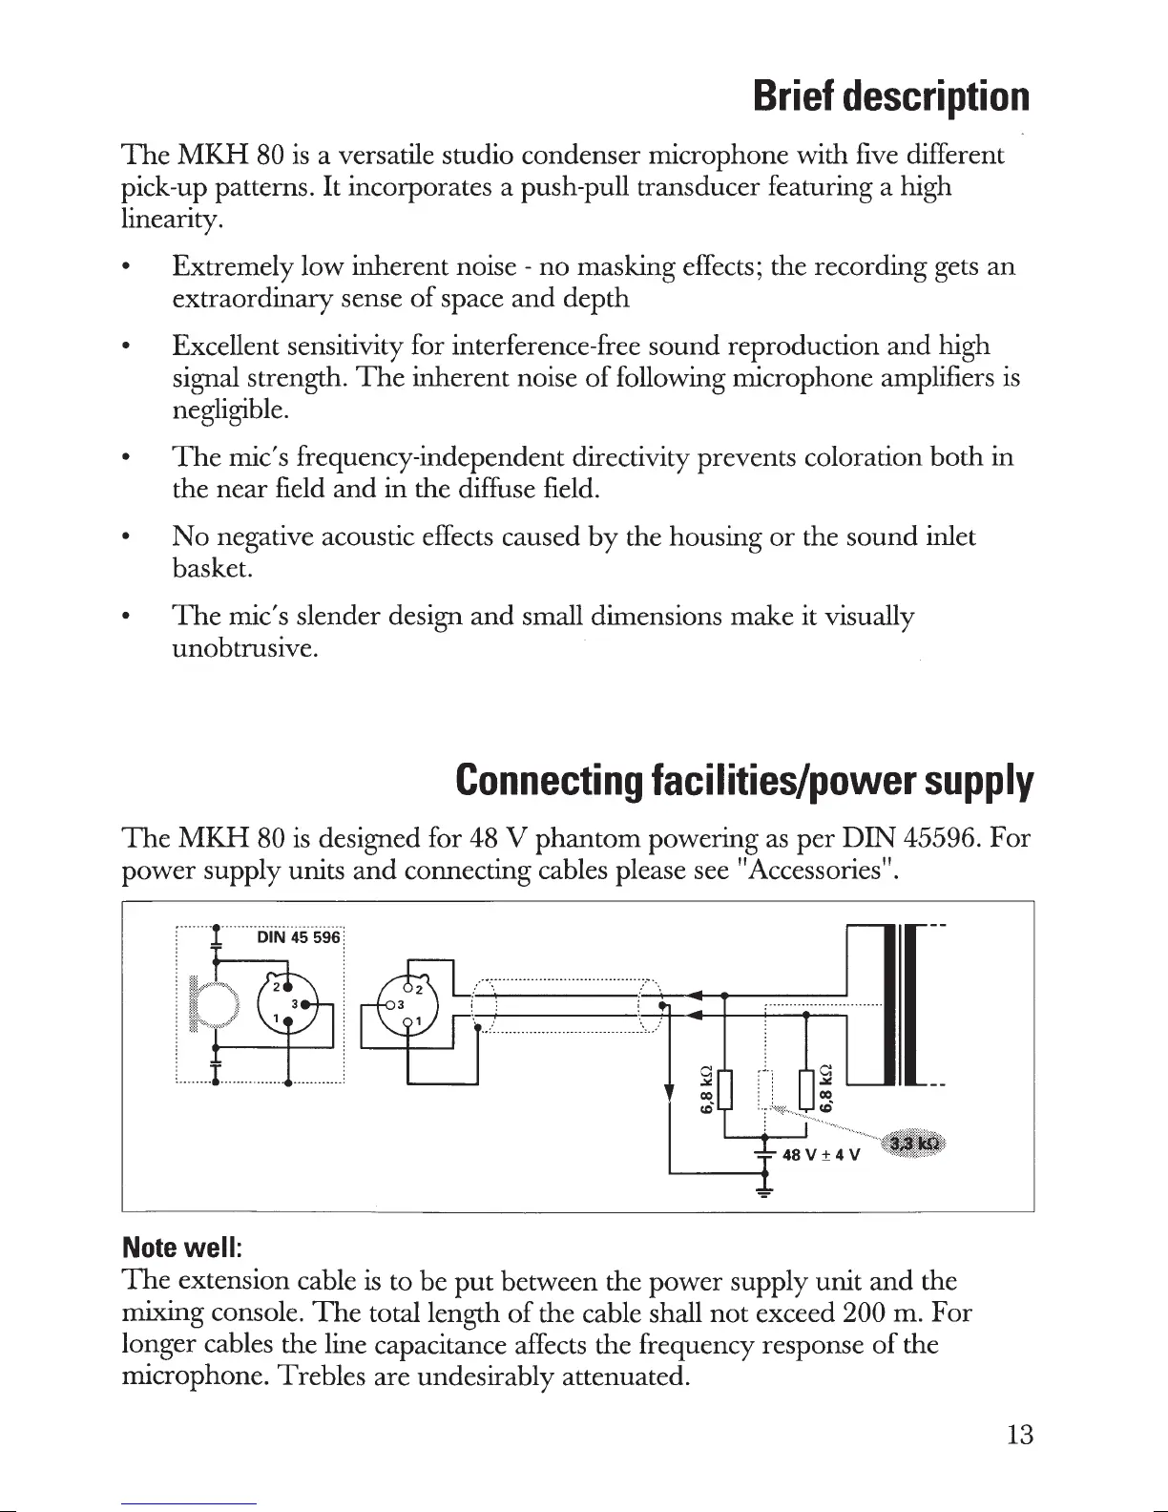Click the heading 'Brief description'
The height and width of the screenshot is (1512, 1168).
coord(890,96)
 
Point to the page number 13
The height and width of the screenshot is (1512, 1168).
coord(1019,1436)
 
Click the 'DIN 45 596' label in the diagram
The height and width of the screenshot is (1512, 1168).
coord(299,937)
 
